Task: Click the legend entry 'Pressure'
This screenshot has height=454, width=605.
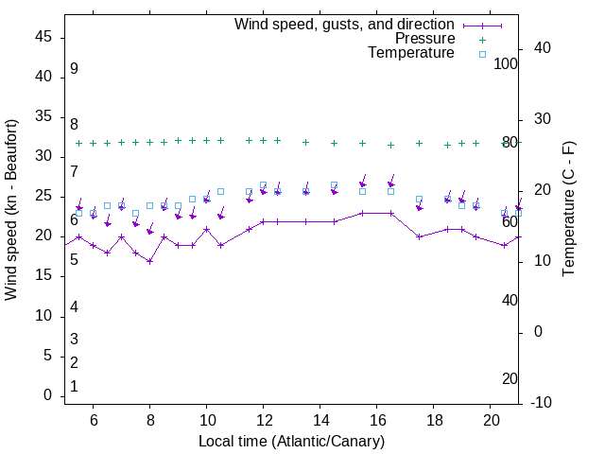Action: pos(425,39)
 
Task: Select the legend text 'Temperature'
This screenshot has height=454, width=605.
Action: pos(411,53)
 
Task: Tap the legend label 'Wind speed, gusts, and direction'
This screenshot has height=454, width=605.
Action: pos(345,24)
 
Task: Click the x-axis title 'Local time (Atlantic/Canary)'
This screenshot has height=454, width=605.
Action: pos(292,442)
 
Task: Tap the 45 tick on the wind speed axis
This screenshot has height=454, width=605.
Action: pos(43,37)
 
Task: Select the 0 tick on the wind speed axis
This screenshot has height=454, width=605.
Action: pos(48,395)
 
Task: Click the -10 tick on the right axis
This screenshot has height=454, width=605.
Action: pos(542,403)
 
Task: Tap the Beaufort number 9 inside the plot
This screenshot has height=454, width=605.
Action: pos(74,69)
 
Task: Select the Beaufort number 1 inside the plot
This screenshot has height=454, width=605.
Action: pos(74,387)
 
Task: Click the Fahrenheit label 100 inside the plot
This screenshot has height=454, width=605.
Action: pos(506,63)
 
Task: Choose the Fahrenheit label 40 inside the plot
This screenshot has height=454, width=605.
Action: pos(510,300)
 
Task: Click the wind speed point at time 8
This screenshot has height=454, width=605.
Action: pos(149,261)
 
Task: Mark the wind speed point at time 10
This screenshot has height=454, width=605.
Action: pos(206,230)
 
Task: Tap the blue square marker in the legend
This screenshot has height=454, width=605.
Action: pos(482,54)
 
